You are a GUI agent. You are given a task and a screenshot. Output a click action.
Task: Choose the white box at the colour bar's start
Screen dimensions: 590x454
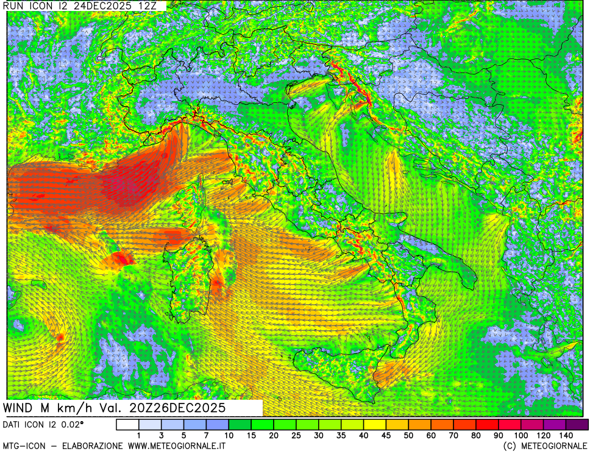(x=127, y=424)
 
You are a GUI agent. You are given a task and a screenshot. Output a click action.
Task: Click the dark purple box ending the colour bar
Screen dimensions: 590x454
(x=577, y=424)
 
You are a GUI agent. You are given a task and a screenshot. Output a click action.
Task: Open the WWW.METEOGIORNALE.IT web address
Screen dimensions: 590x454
(x=177, y=447)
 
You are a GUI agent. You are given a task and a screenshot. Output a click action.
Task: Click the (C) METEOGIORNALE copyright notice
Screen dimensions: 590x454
(x=544, y=447)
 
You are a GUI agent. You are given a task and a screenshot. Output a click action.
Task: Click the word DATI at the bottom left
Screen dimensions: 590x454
(x=13, y=424)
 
